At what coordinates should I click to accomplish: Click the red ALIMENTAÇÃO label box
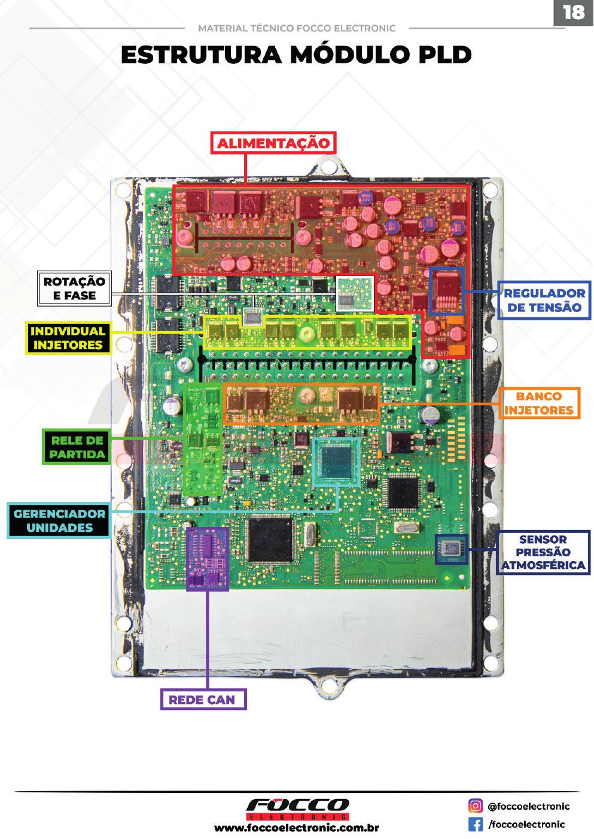pyautogui.click(x=273, y=143)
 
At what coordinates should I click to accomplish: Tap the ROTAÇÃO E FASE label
pyautogui.click(x=74, y=289)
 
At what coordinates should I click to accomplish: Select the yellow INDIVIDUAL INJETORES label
pyautogui.click(x=68, y=338)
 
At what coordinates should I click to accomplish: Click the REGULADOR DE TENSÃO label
pyautogui.click(x=544, y=301)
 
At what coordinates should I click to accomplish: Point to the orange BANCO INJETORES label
pyautogui.click(x=539, y=403)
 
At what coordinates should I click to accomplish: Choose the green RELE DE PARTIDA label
pyautogui.click(x=77, y=447)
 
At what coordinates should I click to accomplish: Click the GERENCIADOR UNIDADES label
pyautogui.click(x=59, y=520)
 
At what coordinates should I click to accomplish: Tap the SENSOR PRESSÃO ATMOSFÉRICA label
pyautogui.click(x=543, y=553)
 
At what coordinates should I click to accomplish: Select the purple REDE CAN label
pyautogui.click(x=203, y=699)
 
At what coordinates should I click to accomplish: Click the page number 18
pyautogui.click(x=574, y=13)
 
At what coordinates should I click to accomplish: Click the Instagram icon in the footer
pyautogui.click(x=476, y=806)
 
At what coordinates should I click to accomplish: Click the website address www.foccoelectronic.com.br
pyautogui.click(x=297, y=828)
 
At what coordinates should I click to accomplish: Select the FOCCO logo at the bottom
pyautogui.click(x=297, y=809)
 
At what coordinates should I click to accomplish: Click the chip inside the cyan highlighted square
pyautogui.click(x=336, y=462)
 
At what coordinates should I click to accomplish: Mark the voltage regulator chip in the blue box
pyautogui.click(x=446, y=290)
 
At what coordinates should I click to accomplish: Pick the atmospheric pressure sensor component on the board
pyautogui.click(x=452, y=549)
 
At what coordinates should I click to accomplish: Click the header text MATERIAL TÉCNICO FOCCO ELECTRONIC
pyautogui.click(x=297, y=29)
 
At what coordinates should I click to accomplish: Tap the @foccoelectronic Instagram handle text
pyautogui.click(x=528, y=806)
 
